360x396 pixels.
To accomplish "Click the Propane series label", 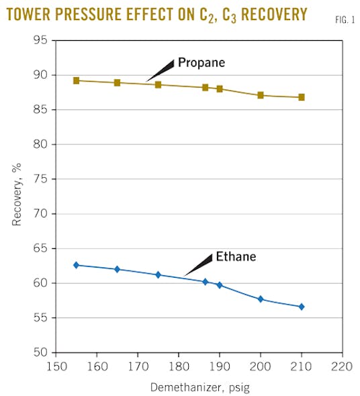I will pos(201,62).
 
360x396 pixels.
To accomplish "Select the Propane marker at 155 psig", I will pos(77,81).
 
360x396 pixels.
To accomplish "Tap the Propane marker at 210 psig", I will pos(302,97).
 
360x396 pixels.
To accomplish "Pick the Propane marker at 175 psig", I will pos(158,85).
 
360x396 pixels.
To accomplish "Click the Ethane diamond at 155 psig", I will pos(77,265).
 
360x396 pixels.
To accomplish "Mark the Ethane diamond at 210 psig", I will pos(302,307).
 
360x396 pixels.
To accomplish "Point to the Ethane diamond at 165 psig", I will pos(118,269).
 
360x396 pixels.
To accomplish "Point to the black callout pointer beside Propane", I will pos(160,70).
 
